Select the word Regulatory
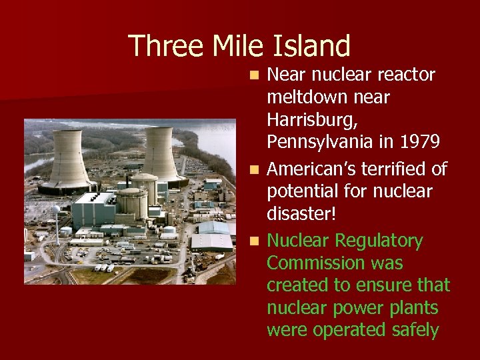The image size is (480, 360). [379, 241]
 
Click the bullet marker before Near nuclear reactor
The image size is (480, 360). [255, 75]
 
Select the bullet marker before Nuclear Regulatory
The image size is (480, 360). [255, 241]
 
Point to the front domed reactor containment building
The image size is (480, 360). [132, 203]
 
